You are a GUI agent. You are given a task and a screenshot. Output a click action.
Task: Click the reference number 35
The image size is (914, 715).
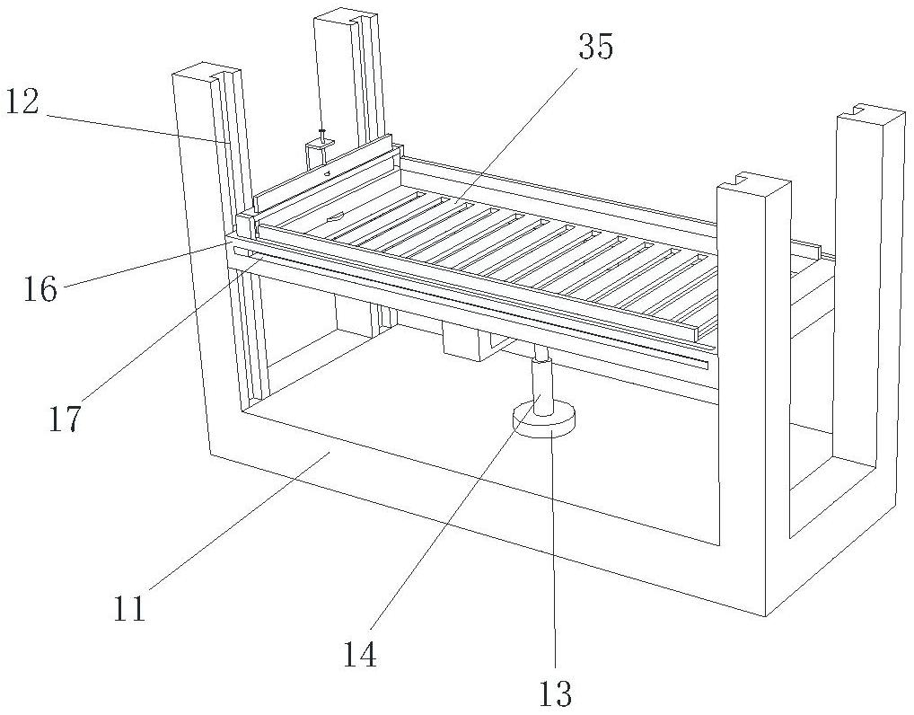tap(595, 48)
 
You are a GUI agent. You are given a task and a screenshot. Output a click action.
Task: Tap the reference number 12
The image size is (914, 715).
tap(22, 102)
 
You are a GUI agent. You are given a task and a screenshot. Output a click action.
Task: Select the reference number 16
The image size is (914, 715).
tap(40, 288)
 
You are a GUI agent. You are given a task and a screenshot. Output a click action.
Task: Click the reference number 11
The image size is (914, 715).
tap(130, 609)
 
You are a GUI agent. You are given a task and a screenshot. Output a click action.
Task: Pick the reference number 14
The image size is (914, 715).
tap(359, 654)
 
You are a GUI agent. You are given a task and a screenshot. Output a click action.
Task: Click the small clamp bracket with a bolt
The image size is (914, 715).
tap(320, 147)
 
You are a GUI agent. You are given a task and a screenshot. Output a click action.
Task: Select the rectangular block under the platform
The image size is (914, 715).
tap(465, 342)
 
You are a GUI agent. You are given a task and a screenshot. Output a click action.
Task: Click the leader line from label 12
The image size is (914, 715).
tap(135, 127)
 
